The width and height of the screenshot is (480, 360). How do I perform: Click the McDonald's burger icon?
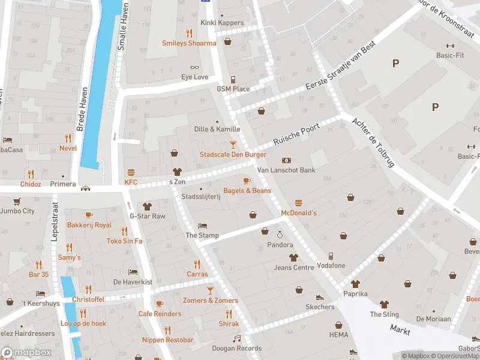click(x=298, y=203)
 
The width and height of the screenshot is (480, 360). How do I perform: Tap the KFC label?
click(x=131, y=182)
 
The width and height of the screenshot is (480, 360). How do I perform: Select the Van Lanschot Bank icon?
click(x=286, y=160)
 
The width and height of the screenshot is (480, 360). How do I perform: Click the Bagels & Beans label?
click(x=247, y=191)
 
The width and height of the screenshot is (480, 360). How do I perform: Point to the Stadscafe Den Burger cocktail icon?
click(x=233, y=144)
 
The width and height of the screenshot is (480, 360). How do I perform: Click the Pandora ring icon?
click(x=279, y=235)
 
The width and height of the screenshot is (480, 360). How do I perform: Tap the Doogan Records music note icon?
click(x=236, y=338)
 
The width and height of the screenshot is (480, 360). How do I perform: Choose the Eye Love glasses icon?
click(x=194, y=67)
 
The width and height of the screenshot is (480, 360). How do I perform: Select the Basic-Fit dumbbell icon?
click(x=449, y=46)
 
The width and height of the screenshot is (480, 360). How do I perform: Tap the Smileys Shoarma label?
click(x=189, y=43)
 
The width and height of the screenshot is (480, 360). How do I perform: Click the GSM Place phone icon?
click(x=233, y=79)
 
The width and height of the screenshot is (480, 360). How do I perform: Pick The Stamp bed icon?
click(x=202, y=226)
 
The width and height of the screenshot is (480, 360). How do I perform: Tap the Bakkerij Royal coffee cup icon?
click(x=89, y=215)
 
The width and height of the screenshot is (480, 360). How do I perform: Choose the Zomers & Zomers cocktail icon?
click(x=210, y=290)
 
